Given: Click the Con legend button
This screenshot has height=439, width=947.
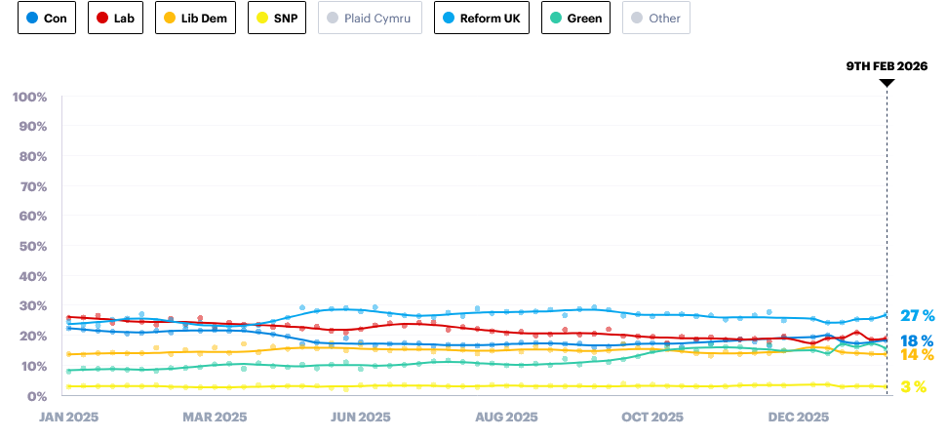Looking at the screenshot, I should [47, 18].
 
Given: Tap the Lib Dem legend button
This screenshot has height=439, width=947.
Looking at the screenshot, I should [195, 18].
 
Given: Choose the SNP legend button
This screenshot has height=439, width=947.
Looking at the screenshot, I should [278, 18].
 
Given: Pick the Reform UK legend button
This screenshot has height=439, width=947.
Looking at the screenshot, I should [482, 18].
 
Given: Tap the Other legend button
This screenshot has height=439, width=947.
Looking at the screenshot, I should [656, 18].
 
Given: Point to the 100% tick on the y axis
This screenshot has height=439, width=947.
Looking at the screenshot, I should [29, 97].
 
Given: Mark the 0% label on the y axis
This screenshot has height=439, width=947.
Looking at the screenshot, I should [35, 395].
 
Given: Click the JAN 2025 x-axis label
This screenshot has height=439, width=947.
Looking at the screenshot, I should [68, 417].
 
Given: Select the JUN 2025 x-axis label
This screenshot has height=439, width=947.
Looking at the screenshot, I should [361, 417].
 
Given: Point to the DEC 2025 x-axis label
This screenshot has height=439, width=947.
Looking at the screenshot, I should [799, 417].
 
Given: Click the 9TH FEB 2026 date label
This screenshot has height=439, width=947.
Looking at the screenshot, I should [887, 66].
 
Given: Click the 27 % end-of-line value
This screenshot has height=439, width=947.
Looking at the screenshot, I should [917, 315].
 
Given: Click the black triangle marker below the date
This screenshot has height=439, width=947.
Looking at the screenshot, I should [887, 83].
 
